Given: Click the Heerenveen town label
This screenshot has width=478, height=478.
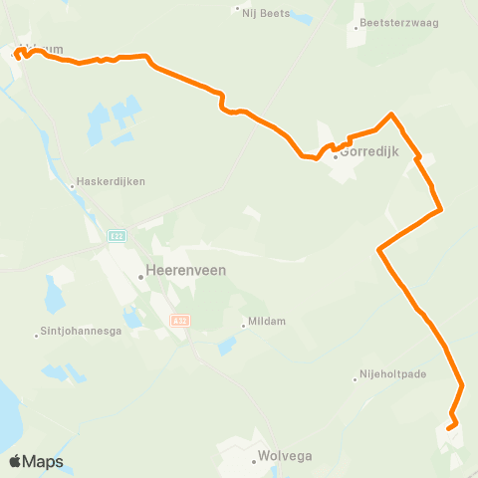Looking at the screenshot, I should pyautogui.click(x=186, y=270).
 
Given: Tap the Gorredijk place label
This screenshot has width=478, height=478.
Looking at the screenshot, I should pyautogui.click(x=371, y=153).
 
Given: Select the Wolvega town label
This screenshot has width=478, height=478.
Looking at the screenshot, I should pyautogui.click(x=285, y=456).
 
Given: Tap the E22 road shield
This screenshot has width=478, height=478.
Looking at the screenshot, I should pyautogui.click(x=117, y=235).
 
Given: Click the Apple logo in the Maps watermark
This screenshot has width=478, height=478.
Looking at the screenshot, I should pyautogui.click(x=16, y=461).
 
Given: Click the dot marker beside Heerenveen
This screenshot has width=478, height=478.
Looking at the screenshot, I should pyautogui.click(x=141, y=278).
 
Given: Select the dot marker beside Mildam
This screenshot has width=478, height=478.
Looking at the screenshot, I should pyautogui.click(x=243, y=323).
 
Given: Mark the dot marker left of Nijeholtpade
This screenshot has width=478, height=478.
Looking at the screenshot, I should pyautogui.click(x=356, y=377).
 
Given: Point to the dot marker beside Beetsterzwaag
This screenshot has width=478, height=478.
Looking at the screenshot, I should pyautogui.click(x=356, y=28).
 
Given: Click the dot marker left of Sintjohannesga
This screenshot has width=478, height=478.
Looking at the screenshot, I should pyautogui.click(x=37, y=333).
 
